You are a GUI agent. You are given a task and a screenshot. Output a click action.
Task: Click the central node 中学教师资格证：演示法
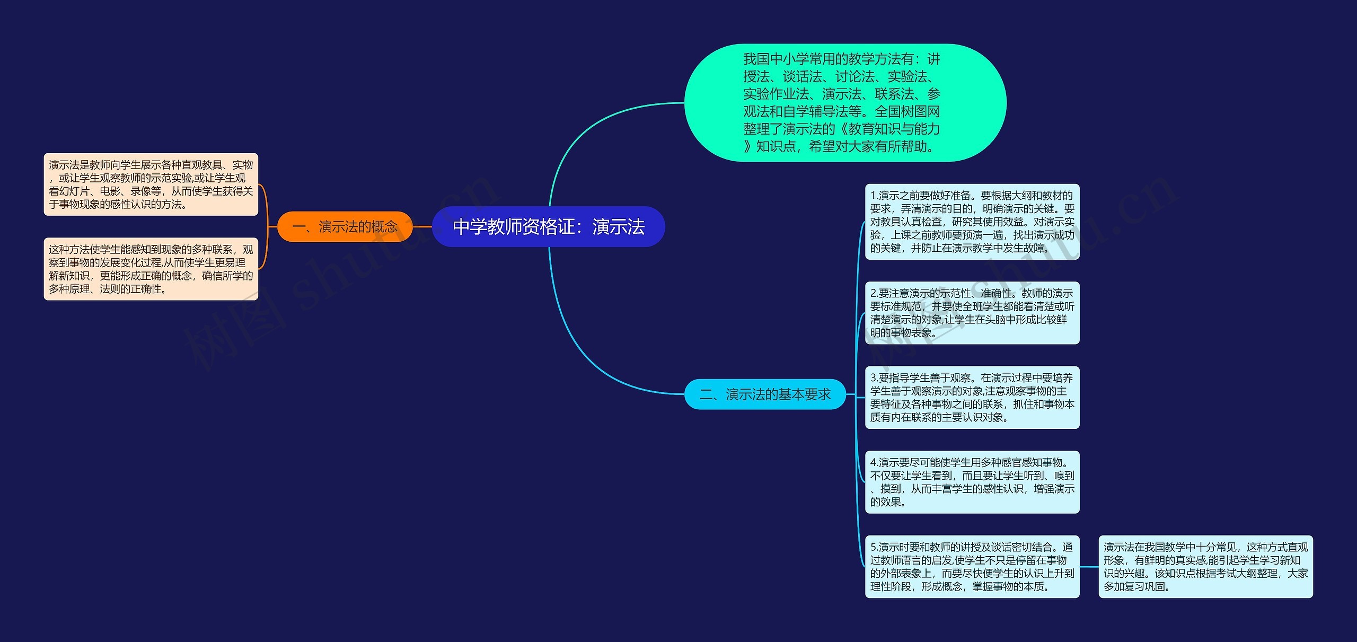click(548, 226)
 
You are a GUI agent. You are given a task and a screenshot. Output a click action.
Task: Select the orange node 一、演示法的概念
click(345, 227)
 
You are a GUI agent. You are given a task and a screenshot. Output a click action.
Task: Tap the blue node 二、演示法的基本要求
click(765, 394)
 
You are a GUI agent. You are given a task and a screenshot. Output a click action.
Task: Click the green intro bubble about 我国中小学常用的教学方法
click(844, 103)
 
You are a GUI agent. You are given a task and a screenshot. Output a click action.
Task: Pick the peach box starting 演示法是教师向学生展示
click(151, 184)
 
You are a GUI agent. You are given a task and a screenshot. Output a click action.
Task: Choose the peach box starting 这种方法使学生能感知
click(151, 269)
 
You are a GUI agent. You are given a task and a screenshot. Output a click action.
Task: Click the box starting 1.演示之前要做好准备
click(972, 222)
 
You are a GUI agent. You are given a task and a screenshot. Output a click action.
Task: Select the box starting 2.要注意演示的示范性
click(972, 313)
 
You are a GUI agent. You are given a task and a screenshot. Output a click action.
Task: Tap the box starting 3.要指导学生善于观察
click(972, 398)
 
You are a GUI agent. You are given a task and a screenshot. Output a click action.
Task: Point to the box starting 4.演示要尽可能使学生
click(972, 482)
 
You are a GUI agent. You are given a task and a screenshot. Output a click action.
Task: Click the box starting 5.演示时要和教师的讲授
click(972, 567)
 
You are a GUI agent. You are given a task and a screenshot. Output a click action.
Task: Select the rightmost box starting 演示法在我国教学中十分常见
click(1205, 567)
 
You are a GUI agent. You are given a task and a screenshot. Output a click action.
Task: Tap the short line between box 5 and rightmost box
click(1089, 567)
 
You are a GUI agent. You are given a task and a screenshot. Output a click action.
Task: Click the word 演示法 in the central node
click(618, 226)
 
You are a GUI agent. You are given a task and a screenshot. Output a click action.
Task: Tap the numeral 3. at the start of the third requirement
click(874, 378)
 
